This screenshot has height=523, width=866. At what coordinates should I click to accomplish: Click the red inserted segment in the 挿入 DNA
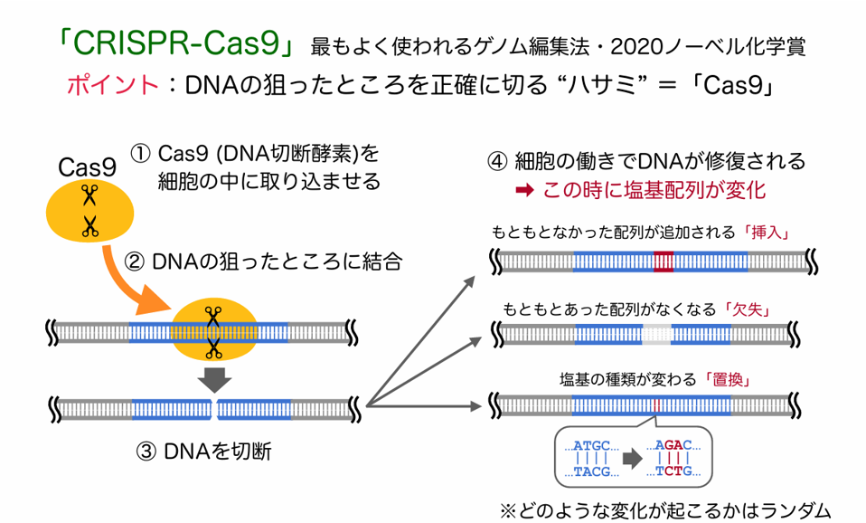click(x=664, y=261)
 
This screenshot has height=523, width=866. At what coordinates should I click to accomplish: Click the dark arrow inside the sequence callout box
click(x=629, y=459)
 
